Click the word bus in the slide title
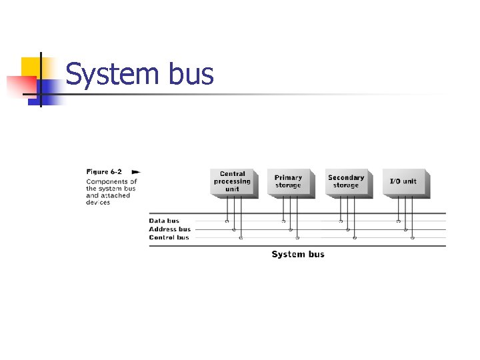[x=191, y=75]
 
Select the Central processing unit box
[x=232, y=181]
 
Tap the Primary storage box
[x=288, y=181]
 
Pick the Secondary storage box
[x=345, y=181]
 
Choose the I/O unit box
[x=403, y=181]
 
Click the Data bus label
[x=164, y=221]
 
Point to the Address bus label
[x=169, y=229]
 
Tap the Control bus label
[x=169, y=237]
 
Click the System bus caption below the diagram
[x=298, y=254]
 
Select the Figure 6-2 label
[x=104, y=171]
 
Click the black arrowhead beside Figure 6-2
[x=136, y=171]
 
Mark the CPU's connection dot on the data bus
[x=227, y=221]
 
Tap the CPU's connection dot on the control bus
[x=241, y=237]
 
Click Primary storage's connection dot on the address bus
[x=291, y=229]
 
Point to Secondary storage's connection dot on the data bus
[x=341, y=221]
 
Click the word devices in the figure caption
[x=98, y=203]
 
